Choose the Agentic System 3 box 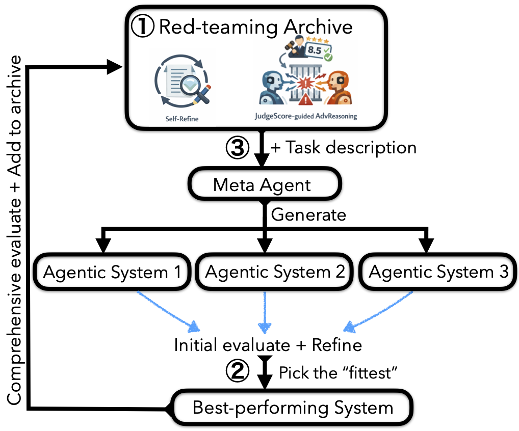[438, 272]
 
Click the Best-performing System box [293, 408]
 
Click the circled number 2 [237, 373]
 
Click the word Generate [308, 214]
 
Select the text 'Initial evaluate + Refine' [268, 345]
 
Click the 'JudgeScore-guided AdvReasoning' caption [306, 116]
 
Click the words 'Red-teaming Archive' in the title [256, 26]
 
